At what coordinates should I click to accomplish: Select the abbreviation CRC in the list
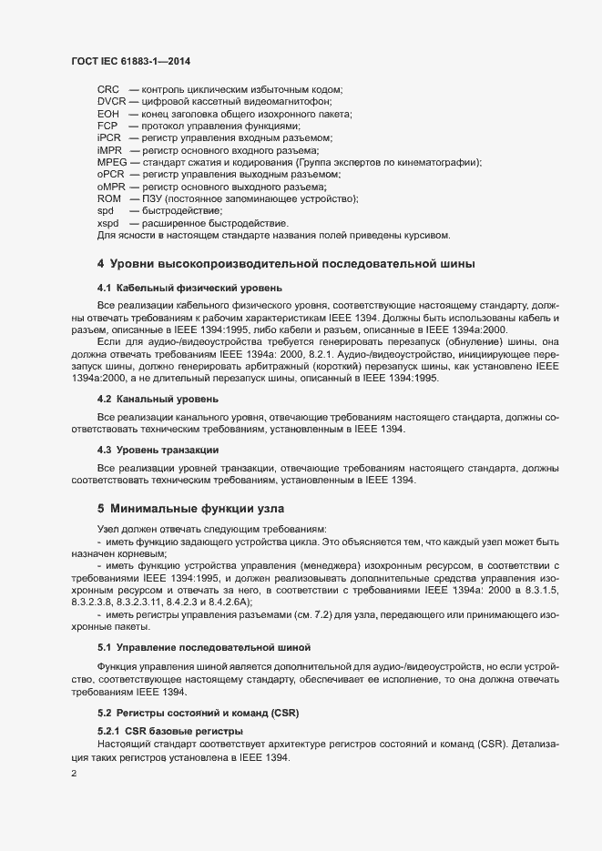(109, 90)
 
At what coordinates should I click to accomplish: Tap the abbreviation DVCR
(112, 102)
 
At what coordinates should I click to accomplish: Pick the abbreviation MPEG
(112, 161)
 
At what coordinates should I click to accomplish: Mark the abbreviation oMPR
(112, 186)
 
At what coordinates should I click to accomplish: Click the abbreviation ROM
(109, 198)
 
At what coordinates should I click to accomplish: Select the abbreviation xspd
(108, 223)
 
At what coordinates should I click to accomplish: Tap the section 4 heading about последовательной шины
(295, 264)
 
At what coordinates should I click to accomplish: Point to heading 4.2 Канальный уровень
(157, 399)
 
